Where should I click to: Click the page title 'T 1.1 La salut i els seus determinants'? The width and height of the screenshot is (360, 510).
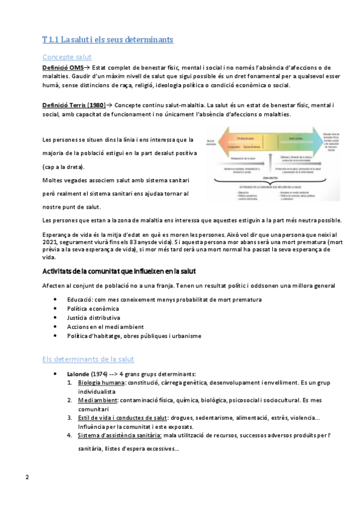[x=108, y=40]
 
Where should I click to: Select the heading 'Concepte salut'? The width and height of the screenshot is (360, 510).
[x=67, y=57]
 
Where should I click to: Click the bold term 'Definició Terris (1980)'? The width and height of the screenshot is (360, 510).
[x=74, y=105]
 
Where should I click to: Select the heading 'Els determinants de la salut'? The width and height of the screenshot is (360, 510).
[x=88, y=359]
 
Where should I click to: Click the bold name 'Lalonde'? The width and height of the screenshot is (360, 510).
[x=78, y=373]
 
